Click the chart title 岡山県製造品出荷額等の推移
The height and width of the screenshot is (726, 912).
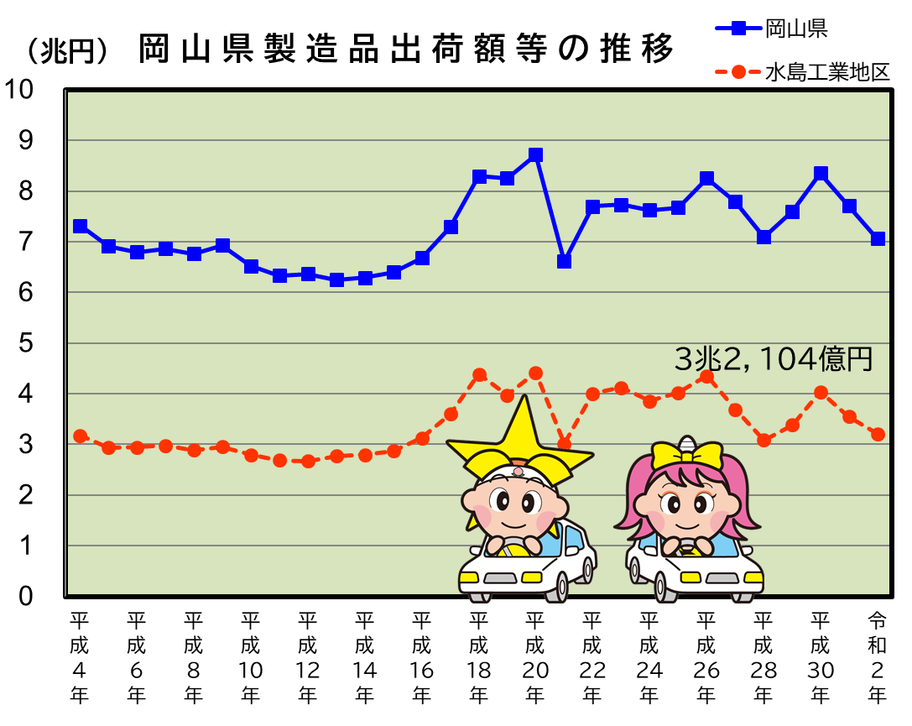tap(406, 50)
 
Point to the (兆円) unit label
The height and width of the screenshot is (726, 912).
tap(66, 51)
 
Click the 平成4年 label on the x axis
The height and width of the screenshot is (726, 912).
tap(80, 658)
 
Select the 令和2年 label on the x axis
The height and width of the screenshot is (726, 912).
tap(877, 658)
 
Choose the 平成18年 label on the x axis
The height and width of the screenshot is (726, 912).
tap(478, 658)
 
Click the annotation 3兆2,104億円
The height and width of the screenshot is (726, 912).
tap(774, 359)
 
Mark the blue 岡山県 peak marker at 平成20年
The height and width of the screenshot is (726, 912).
tap(535, 155)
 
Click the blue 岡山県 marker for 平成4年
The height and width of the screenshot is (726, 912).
tap(81, 226)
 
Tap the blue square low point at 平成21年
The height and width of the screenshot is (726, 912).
tap(564, 261)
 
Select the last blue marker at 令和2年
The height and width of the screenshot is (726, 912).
tap(878, 238)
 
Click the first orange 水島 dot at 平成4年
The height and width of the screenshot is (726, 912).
tap(81, 436)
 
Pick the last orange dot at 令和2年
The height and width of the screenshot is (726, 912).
tap(878, 434)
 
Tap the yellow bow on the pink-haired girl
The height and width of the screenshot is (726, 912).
tap(687, 456)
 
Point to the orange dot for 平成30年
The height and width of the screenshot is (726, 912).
tap(821, 393)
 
